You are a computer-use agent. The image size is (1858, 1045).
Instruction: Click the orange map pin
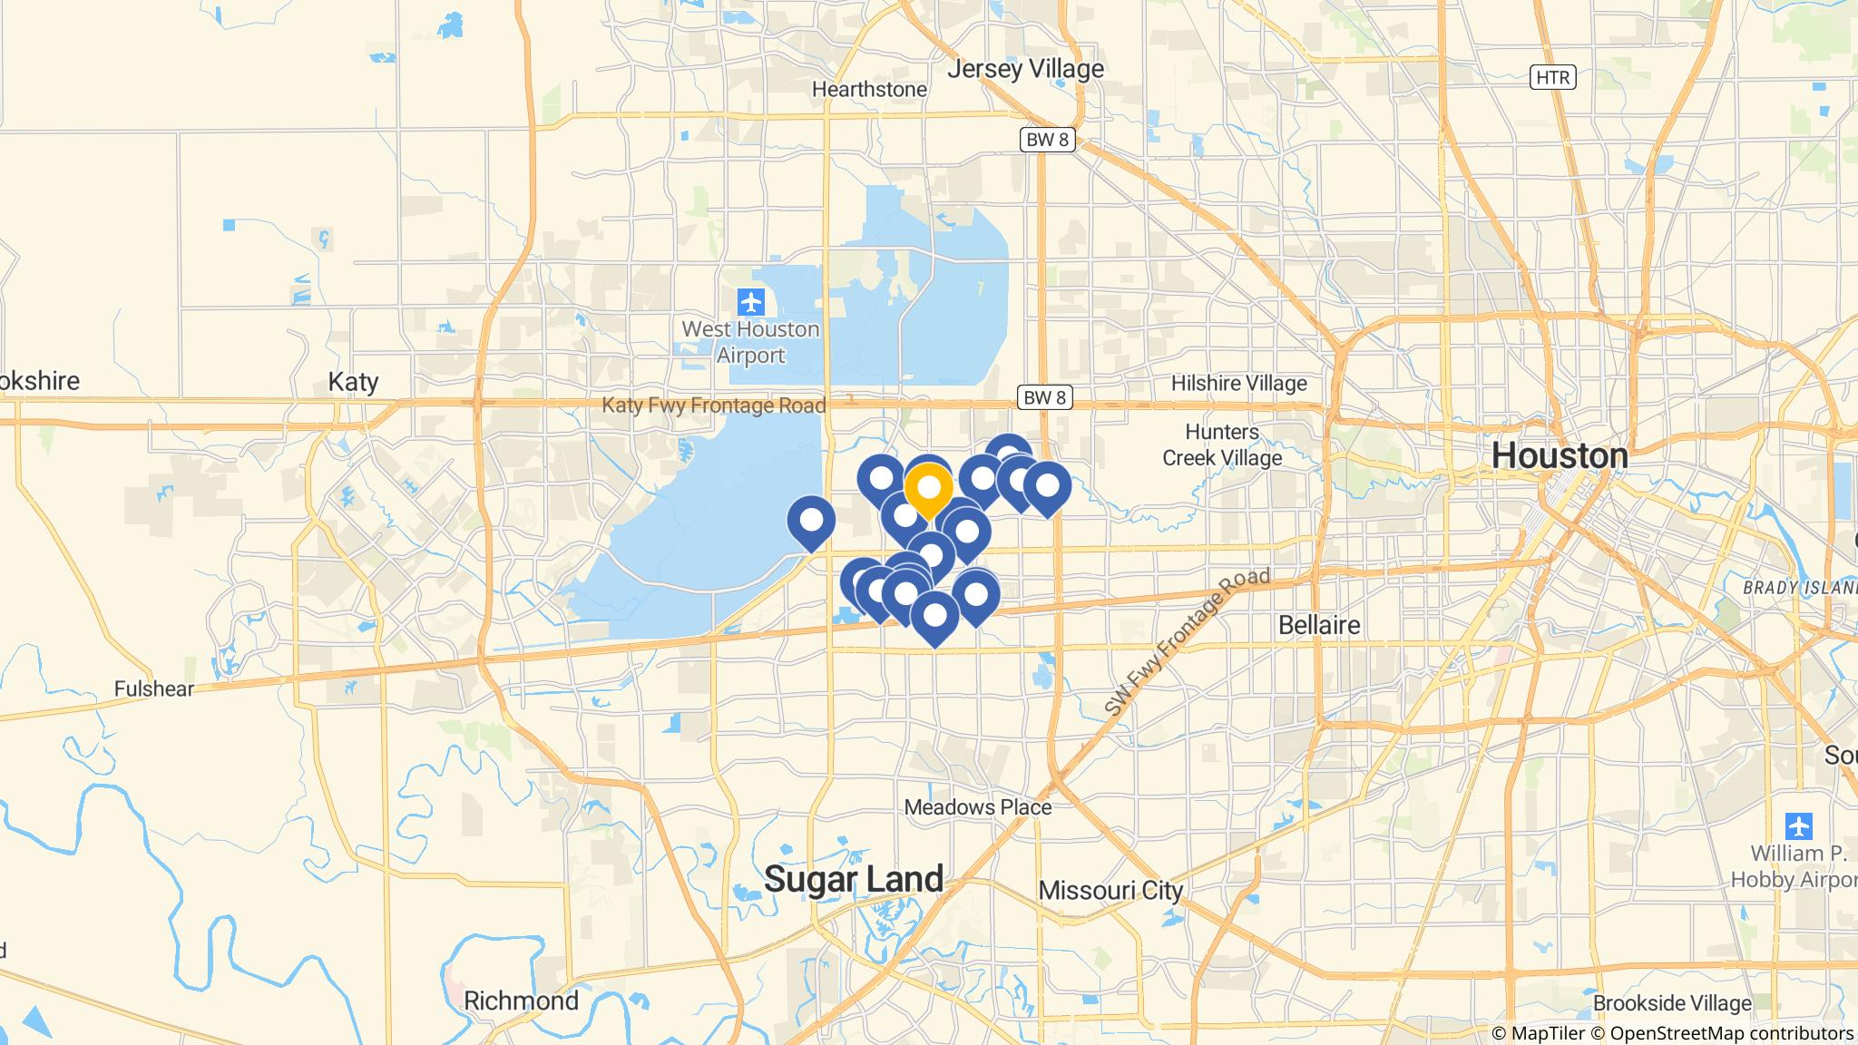point(928,489)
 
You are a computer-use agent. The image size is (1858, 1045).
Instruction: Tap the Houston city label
point(1560,455)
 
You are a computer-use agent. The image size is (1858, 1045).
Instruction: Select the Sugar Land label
point(853,879)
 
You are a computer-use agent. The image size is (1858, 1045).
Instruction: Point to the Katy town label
point(353,382)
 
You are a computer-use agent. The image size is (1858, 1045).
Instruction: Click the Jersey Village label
point(1025,69)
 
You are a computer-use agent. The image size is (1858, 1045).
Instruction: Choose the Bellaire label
point(1318,625)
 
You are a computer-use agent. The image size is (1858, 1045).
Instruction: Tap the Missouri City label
point(1110,890)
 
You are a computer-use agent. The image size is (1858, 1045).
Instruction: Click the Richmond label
point(521,1001)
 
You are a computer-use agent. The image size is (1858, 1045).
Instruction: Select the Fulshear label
point(154,689)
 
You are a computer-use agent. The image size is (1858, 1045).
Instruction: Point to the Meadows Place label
point(978,807)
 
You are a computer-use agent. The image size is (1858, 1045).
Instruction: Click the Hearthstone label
point(869,90)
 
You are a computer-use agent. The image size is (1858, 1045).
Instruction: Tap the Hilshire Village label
point(1238,384)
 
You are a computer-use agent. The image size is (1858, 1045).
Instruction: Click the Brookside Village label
point(1672,1003)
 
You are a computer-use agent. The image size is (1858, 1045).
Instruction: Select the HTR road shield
point(1552,77)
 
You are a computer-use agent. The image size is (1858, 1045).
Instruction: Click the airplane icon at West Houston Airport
point(750,301)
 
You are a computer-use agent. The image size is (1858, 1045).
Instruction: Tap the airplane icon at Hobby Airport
point(1798,826)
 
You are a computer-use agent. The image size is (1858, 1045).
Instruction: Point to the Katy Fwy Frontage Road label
point(714,405)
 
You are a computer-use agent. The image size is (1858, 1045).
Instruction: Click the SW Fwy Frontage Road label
point(1187,644)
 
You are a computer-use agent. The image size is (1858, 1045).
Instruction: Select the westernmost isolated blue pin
point(811,522)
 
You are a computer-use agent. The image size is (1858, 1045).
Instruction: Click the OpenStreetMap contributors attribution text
point(1731,1033)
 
